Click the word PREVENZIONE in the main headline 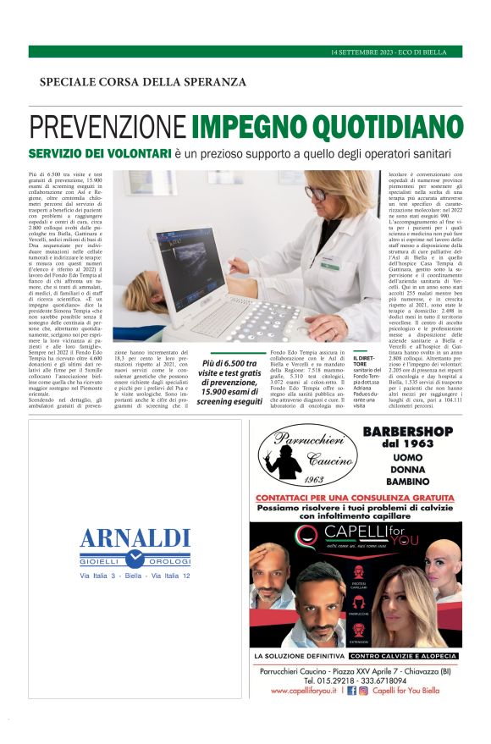pos(108,128)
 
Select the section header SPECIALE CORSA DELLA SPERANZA pos(142,82)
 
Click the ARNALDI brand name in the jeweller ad pos(135,538)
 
